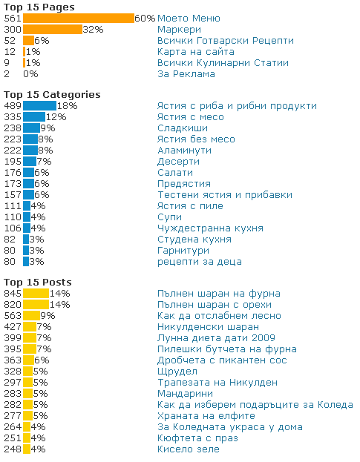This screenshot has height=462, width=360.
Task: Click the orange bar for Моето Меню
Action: pyautogui.click(x=79, y=19)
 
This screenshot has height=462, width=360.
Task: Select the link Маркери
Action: pyautogui.click(x=180, y=30)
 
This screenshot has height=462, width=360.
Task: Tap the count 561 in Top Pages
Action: pyautogui.click(x=13, y=19)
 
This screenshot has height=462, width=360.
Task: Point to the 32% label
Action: pyautogui.click(x=94, y=30)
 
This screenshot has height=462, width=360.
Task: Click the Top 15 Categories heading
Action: pyautogui.click(x=52, y=95)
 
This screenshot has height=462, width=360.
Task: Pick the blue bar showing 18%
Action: pyautogui.click(x=39, y=106)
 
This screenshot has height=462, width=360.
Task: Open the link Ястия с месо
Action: pyautogui.click(x=191, y=117)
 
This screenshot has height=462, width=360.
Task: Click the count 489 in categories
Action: pyautogui.click(x=13, y=106)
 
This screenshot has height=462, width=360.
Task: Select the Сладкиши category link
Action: pyautogui.click(x=183, y=128)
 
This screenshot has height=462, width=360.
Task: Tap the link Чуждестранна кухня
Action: pyautogui.click(x=210, y=228)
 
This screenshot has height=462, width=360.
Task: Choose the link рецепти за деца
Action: pyautogui.click(x=200, y=262)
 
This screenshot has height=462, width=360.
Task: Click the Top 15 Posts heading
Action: pyautogui.click(x=38, y=283)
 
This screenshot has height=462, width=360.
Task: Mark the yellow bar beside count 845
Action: pyautogui.click(x=36, y=294)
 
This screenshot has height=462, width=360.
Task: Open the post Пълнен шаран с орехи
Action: pyautogui.click(x=215, y=305)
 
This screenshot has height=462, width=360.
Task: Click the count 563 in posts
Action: pyautogui.click(x=13, y=316)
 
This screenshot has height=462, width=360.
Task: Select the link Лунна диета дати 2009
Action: pyautogui.click(x=216, y=338)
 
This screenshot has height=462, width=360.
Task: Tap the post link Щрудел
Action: pyautogui.click(x=177, y=372)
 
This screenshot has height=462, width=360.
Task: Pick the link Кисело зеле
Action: pyautogui.click(x=189, y=449)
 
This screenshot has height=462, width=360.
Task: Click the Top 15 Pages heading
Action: pyautogui.click(x=39, y=7)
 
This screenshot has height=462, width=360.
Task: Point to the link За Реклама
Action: pyautogui.click(x=186, y=74)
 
